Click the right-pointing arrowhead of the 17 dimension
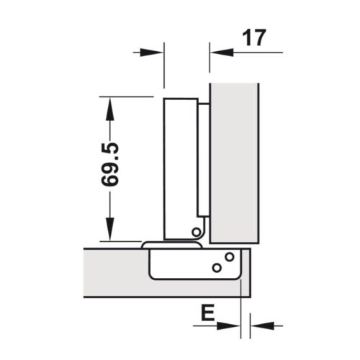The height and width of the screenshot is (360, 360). [153, 52]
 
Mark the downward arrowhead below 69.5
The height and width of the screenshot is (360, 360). [109, 230]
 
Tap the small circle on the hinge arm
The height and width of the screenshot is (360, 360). [196, 231]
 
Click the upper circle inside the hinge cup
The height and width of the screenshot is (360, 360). [230, 256]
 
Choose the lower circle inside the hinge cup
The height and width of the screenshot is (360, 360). [216, 268]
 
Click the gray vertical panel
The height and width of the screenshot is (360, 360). [234, 158]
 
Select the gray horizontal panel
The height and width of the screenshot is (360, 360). [115, 270]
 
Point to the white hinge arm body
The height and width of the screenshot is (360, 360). [180, 166]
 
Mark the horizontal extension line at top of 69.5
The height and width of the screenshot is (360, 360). [126, 96]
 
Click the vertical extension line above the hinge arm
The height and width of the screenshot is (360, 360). [165, 68]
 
